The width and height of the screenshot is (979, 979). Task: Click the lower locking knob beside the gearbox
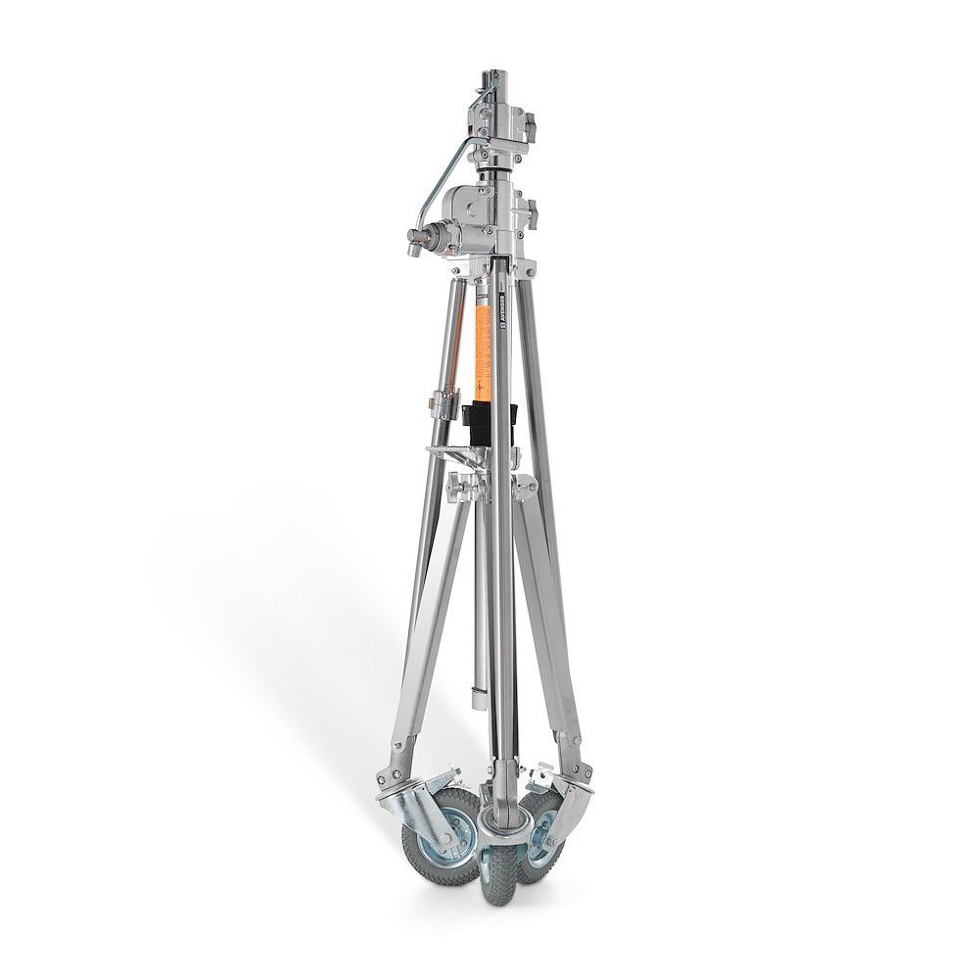531,210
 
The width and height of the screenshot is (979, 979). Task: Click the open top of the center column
491,76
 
